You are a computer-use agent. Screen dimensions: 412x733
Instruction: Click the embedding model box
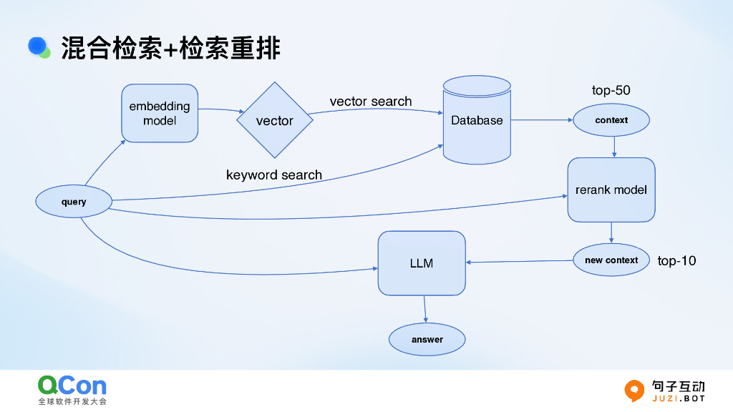(x=160, y=113)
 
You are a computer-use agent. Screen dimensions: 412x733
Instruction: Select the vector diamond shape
(x=275, y=120)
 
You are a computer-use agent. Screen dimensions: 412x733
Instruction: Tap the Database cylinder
(x=477, y=120)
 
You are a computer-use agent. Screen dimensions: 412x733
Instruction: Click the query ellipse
(x=74, y=202)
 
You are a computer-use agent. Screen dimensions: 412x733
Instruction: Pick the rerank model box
(x=611, y=190)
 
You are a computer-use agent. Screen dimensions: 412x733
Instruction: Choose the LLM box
(x=422, y=263)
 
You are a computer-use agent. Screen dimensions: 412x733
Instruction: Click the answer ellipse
(x=427, y=339)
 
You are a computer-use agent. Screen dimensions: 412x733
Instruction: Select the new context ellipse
(x=611, y=260)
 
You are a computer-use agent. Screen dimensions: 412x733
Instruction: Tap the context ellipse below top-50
(x=611, y=120)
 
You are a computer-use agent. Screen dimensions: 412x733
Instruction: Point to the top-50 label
(x=611, y=90)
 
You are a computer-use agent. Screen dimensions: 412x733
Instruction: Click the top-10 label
(x=676, y=260)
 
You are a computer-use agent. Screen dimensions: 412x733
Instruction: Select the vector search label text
(x=371, y=102)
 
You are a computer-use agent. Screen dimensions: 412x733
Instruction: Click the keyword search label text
(x=274, y=175)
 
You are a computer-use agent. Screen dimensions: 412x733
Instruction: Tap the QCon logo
(x=72, y=386)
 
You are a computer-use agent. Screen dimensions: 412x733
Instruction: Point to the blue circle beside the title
(x=37, y=46)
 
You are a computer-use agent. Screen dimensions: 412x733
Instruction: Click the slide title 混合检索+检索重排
(x=170, y=48)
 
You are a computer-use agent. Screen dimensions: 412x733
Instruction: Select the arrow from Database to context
(x=542, y=120)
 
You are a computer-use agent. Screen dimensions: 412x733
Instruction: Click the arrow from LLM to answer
(x=425, y=309)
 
